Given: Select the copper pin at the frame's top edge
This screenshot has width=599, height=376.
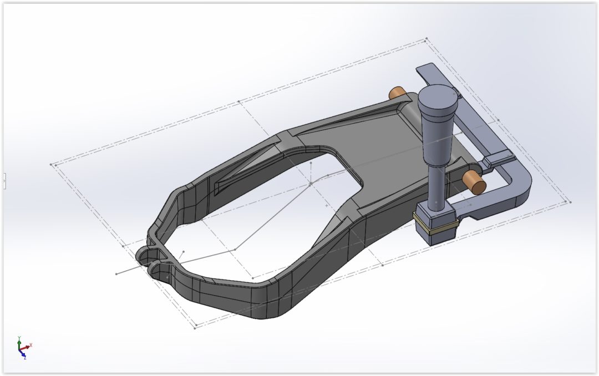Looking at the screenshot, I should tap(396, 93).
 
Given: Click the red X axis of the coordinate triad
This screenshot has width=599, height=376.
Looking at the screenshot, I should tap(28, 346).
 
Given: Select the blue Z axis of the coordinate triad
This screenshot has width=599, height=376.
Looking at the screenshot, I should tap(23, 355).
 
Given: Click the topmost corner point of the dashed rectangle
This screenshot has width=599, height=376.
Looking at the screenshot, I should tap(426, 39).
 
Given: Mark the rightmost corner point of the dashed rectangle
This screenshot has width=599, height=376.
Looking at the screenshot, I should tap(570, 202).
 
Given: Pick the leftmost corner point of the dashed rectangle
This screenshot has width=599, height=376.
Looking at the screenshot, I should tap(51, 164).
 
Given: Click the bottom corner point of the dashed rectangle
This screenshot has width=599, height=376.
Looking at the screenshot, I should tap(195, 328).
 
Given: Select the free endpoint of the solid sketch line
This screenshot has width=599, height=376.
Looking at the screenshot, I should tap(116, 273).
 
